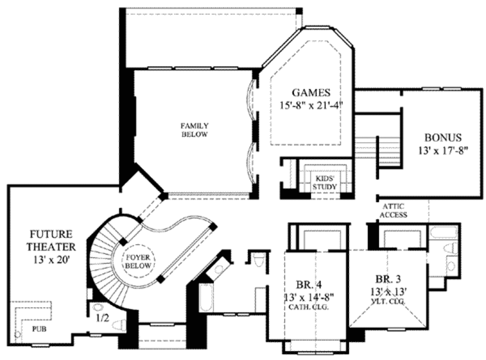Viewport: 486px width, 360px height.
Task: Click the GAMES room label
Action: tap(311, 92)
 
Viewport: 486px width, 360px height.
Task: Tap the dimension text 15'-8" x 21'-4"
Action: tap(311, 104)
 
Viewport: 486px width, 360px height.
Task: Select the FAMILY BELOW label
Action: tap(194, 130)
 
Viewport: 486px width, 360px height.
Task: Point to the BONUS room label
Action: tap(442, 138)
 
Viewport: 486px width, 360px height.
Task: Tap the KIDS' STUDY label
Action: tap(325, 183)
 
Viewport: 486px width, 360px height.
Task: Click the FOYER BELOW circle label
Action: tap(139, 261)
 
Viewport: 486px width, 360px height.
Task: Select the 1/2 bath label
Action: tap(103, 318)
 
